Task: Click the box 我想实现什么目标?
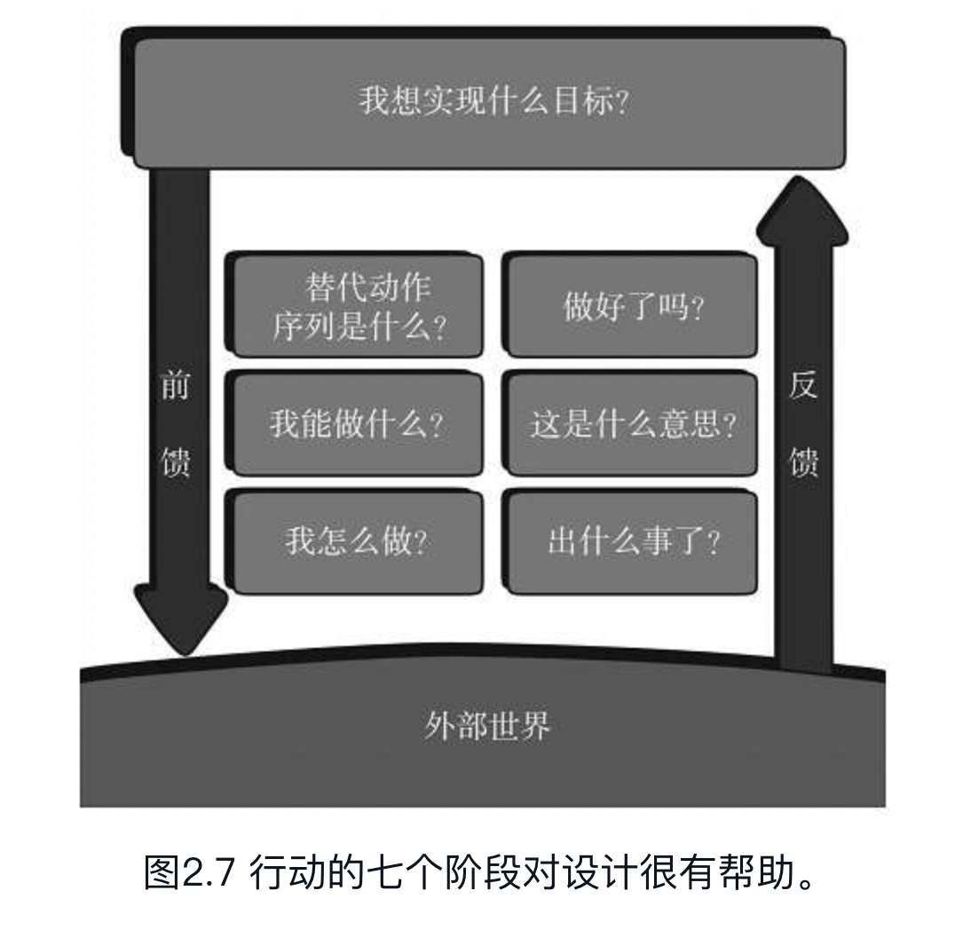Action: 488,99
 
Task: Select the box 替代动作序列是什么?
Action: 357,307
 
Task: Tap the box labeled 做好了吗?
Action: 632,307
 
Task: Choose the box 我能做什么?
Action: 357,424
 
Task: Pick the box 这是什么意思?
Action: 632,424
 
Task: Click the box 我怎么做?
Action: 357,540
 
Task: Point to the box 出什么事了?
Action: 632,540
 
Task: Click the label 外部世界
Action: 485,727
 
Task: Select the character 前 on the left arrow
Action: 175,385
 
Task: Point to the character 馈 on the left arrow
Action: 175,461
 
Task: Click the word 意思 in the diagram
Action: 695,424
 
